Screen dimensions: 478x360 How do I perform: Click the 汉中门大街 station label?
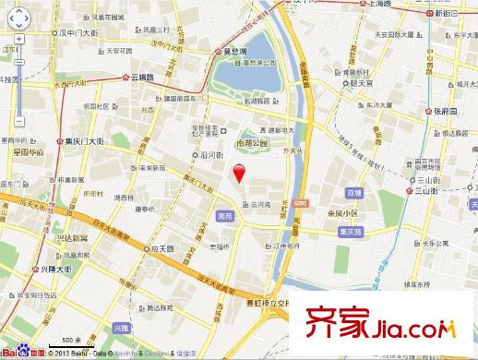(74, 33)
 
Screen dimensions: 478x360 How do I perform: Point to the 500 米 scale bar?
(73, 342)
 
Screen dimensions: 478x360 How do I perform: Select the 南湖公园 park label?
(249, 143)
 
